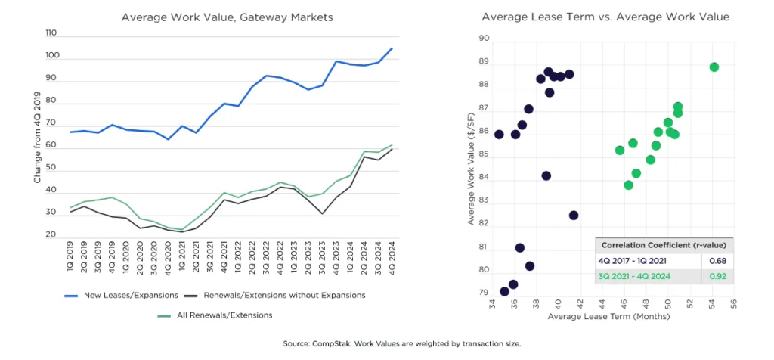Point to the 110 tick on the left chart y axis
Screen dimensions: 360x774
[x=51, y=34]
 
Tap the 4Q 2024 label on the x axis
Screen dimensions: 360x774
[x=391, y=262]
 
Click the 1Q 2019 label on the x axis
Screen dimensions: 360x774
[x=72, y=262]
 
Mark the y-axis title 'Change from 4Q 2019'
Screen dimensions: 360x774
[x=37, y=137]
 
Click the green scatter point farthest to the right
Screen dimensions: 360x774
[x=714, y=67]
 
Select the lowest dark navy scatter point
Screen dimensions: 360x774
[x=504, y=292]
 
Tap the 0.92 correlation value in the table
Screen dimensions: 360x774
[x=713, y=276]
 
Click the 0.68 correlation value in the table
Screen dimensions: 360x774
[x=713, y=261]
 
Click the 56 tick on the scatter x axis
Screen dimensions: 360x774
[x=733, y=303]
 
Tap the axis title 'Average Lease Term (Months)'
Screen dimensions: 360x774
[x=612, y=317]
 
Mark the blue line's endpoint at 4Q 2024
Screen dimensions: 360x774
[x=392, y=48]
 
